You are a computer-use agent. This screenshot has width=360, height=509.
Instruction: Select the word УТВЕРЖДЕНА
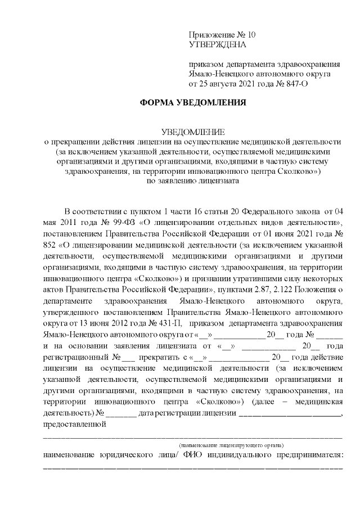click(217, 44)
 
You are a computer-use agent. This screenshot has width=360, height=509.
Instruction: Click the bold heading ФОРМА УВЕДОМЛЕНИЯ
click(193, 104)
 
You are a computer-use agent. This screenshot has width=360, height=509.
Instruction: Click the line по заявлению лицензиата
click(193, 181)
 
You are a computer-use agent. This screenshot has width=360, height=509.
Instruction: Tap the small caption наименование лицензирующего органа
click(236, 444)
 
